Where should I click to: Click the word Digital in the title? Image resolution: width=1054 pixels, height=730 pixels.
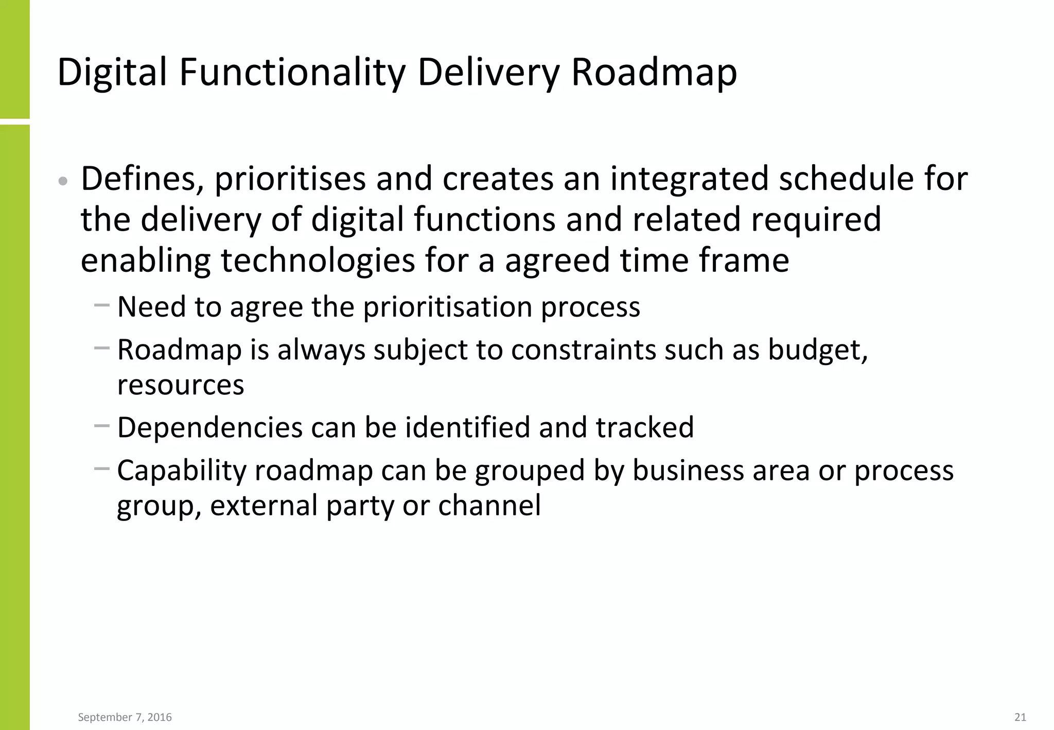click(112, 72)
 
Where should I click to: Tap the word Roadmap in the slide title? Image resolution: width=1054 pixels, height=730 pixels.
click(654, 72)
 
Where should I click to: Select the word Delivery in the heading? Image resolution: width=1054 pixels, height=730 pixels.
click(488, 72)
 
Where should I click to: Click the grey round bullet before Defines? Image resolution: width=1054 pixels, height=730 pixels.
click(63, 181)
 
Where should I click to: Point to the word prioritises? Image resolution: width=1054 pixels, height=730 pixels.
click(290, 179)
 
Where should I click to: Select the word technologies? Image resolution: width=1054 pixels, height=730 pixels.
click(318, 260)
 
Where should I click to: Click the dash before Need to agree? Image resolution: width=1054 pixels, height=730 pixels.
click(102, 305)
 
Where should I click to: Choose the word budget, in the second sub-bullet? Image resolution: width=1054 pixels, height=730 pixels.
click(818, 350)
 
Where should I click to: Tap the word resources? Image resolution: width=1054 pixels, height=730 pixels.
click(181, 385)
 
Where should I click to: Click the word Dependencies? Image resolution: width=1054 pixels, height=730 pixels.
click(209, 428)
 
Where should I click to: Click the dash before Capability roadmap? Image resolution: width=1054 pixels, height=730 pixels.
click(102, 468)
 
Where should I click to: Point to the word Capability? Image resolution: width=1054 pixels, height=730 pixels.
click(182, 471)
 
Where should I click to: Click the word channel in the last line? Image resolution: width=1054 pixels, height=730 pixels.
click(489, 506)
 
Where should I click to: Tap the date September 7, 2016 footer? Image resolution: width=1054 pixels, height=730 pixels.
click(125, 717)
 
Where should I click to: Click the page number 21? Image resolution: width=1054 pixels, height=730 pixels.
click(1020, 717)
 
